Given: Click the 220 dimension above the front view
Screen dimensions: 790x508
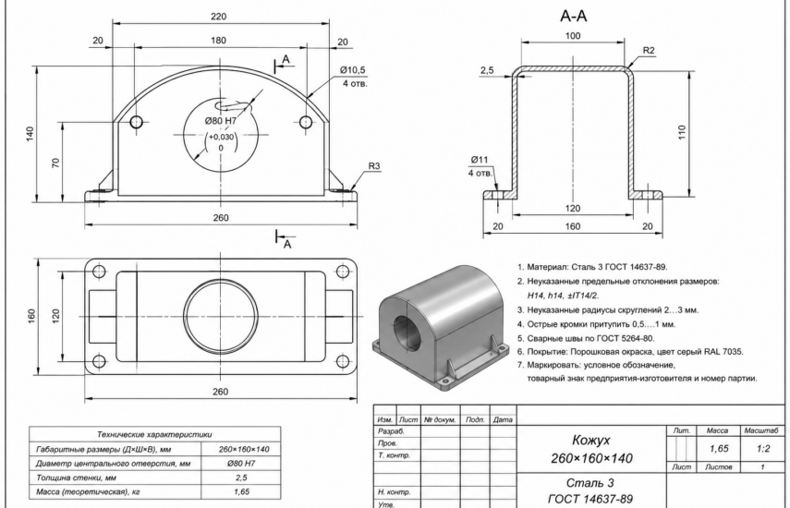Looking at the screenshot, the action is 218,16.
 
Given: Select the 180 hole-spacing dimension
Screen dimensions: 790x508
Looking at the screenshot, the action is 218,41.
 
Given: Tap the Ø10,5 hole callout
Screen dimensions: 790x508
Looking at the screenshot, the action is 352,70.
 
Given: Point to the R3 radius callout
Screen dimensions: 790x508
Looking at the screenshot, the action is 374,166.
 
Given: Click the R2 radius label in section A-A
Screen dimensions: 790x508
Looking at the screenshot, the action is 649,51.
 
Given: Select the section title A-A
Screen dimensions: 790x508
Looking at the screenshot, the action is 574,16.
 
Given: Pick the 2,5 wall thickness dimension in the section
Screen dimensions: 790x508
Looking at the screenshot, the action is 487,70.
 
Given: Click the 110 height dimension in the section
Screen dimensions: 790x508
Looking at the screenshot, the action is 682,132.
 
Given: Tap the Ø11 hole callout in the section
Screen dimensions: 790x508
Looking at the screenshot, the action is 480,160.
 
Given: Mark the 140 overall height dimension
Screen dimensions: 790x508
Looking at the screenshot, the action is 30,133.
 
